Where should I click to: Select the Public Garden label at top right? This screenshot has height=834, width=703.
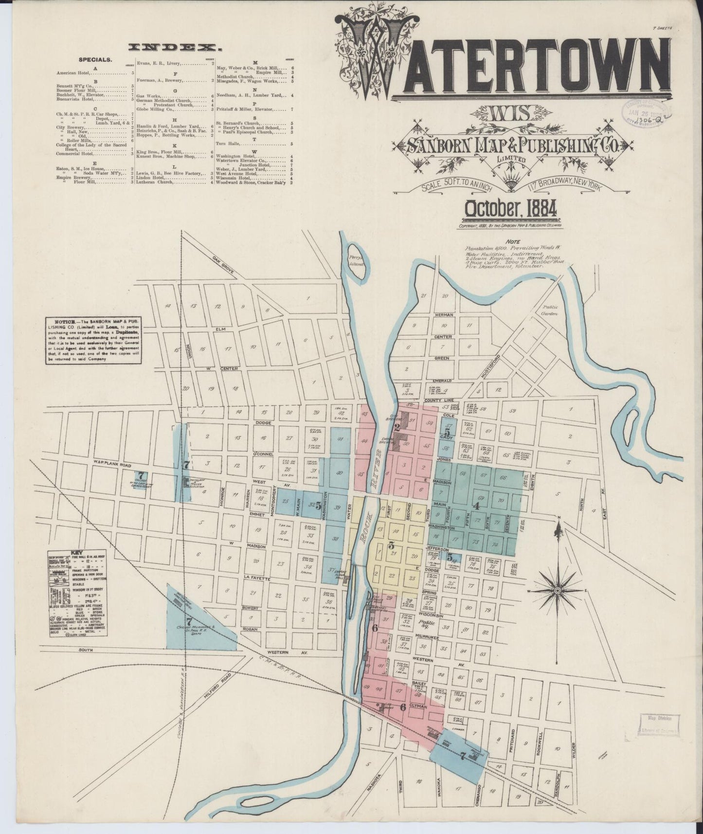551,310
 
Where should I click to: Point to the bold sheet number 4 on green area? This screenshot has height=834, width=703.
477,506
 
